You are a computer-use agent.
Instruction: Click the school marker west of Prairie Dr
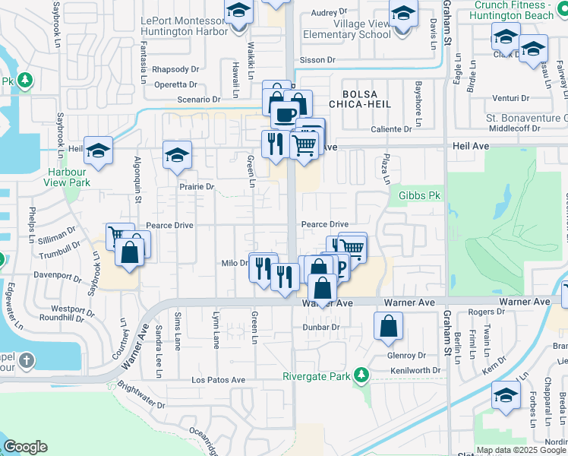tap(177, 156)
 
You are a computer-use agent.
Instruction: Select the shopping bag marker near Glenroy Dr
tap(388, 327)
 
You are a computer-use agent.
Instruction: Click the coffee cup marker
tap(285, 115)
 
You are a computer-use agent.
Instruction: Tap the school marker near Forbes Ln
tap(506, 395)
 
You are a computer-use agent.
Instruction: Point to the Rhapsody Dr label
tap(175, 69)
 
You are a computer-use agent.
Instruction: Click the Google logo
tap(26, 447)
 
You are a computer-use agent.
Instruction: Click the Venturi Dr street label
tap(510, 98)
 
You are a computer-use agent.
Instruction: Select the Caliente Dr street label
tap(391, 129)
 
